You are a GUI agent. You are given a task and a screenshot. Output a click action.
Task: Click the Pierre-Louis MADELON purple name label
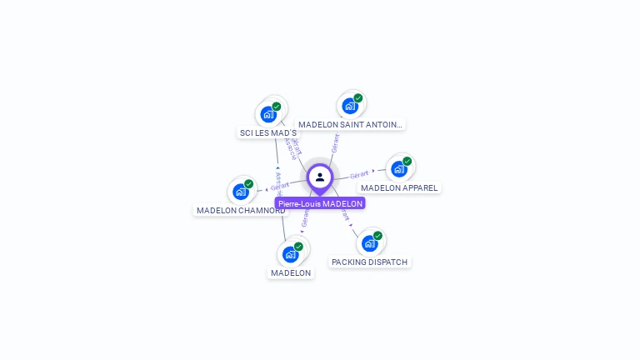point(320,203)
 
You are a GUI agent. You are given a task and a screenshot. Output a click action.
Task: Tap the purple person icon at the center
point(320,177)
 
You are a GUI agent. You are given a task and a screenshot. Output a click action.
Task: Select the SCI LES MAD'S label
point(267,132)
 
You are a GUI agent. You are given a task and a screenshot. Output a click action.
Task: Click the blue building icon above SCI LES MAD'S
point(268,114)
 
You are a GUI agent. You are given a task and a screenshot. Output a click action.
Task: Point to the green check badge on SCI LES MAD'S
point(277,107)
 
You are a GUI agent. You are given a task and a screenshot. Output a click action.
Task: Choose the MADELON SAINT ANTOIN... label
point(350,124)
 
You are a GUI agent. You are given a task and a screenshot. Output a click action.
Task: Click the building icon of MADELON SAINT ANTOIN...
point(350,106)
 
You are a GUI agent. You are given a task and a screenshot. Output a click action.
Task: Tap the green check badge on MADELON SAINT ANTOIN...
point(358,98)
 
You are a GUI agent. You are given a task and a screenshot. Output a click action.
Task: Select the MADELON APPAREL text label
point(399,187)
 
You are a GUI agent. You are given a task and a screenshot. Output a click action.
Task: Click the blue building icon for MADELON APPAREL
point(399,169)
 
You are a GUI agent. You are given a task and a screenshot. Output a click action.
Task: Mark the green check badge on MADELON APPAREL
point(407,162)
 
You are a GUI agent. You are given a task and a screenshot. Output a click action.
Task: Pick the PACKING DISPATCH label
point(369,262)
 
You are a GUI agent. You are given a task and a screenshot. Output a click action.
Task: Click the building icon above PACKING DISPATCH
point(369,243)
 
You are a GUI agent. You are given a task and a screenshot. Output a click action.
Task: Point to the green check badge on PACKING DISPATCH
point(377,236)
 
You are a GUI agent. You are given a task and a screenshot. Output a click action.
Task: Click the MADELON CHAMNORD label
point(241,210)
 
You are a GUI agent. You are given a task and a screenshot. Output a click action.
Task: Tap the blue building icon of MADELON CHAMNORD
point(241,192)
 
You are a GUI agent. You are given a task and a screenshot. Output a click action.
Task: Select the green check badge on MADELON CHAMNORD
point(249,184)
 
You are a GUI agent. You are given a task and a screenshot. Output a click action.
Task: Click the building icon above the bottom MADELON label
point(290,254)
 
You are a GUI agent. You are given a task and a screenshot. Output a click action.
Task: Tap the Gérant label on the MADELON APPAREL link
point(359,174)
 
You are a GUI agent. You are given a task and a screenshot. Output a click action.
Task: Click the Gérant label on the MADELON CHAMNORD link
point(280,186)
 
